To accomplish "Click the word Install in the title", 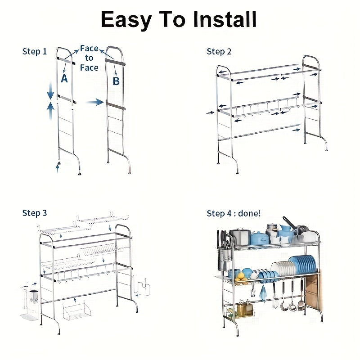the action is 224,19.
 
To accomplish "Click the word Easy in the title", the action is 126,21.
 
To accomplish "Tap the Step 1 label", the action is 35,51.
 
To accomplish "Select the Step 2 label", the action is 219,51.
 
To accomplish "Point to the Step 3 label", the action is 35,213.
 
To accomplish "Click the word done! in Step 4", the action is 249,213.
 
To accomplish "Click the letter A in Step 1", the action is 64,78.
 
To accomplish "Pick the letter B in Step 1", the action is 116,81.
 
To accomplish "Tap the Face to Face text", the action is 89,58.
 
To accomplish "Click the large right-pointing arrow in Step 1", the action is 94,102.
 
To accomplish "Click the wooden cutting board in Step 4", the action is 314,289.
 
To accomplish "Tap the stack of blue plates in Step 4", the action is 302,264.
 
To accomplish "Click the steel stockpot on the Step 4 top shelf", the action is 240,237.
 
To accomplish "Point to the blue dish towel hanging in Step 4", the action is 263,292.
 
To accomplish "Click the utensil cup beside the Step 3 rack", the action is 34,297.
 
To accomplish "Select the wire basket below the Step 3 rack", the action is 76,311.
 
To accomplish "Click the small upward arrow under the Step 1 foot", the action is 58,168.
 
